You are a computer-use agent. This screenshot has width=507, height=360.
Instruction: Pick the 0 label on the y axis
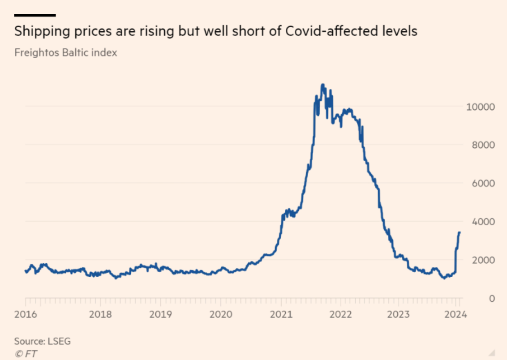pyautogui.click(x=491, y=298)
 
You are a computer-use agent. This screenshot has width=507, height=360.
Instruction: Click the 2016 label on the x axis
pyautogui.click(x=25, y=314)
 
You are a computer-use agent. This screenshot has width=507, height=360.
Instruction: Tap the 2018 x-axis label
pyautogui.click(x=100, y=314)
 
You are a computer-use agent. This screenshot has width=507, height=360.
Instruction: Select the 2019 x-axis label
pyautogui.click(x=160, y=314)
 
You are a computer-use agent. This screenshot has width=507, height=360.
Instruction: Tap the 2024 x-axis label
pyautogui.click(x=455, y=314)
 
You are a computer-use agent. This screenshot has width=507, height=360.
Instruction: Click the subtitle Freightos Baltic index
pyautogui.click(x=65, y=52)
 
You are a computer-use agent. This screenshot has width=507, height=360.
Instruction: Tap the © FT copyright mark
pyautogui.click(x=26, y=354)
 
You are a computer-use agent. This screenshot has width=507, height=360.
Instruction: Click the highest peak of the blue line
pyautogui.click(x=322, y=84)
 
